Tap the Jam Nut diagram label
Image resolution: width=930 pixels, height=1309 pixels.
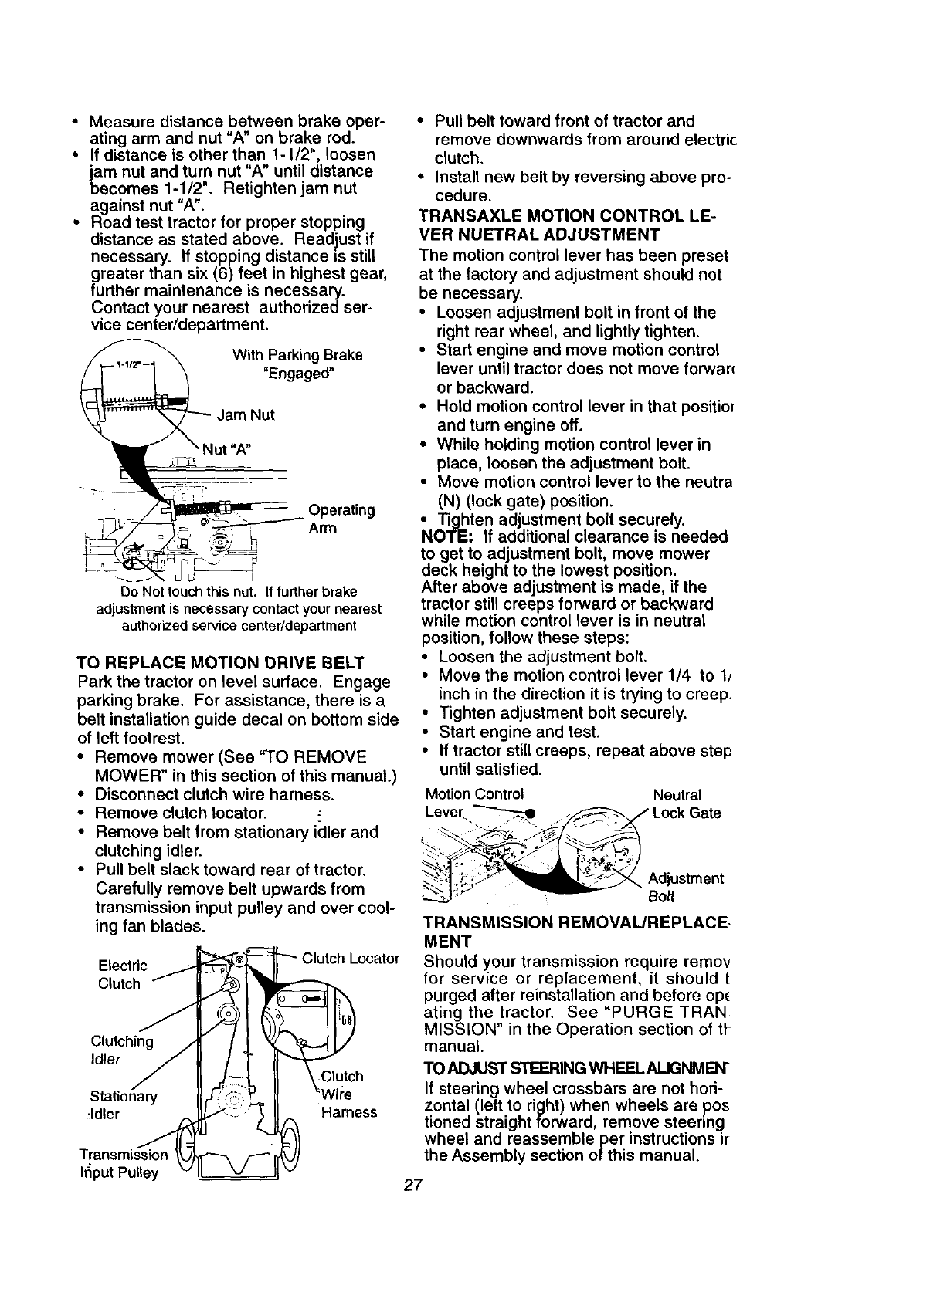(246, 415)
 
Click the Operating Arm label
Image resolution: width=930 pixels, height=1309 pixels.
(341, 519)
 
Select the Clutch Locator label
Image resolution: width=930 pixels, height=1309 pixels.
(350, 959)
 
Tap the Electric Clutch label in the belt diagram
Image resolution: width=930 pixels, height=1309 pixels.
(123, 974)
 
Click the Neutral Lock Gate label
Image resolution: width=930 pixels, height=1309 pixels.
(686, 804)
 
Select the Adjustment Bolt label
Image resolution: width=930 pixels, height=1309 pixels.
(685, 888)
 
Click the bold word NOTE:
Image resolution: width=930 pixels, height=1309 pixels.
(446, 536)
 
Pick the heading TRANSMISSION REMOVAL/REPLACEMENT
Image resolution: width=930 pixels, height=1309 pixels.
(575, 932)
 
